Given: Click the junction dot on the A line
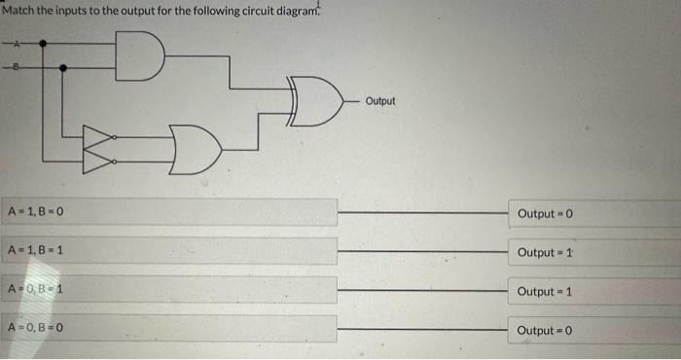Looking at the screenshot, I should click(x=42, y=45).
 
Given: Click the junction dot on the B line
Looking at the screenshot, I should click(x=64, y=68).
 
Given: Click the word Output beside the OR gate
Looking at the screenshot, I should click(x=381, y=100).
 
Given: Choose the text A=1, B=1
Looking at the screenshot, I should click(x=36, y=251).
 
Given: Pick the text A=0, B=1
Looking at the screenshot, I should click(x=36, y=290).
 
